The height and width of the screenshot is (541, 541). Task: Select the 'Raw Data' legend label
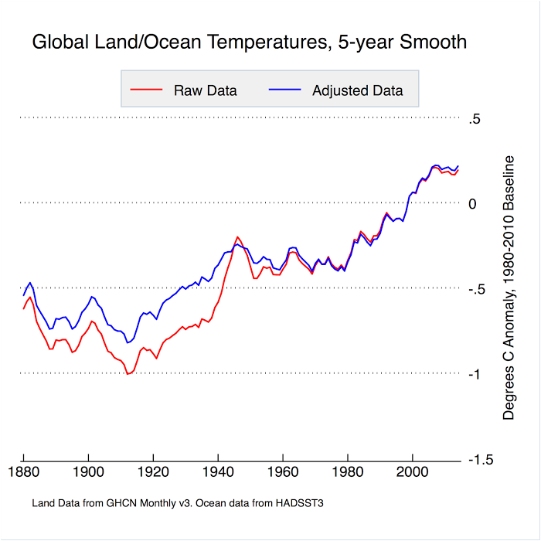pyautogui.click(x=206, y=90)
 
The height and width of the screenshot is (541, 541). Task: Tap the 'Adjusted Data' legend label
pyautogui.click(x=358, y=90)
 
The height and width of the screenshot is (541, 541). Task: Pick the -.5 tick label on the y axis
pyautogui.click(x=476, y=289)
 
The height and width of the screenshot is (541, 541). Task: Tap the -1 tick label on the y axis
pyautogui.click(x=475, y=374)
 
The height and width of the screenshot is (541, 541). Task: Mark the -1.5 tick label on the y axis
pyautogui.click(x=479, y=459)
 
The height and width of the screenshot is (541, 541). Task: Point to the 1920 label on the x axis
pyautogui.click(x=154, y=471)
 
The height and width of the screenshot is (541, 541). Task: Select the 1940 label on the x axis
pyautogui.click(x=219, y=471)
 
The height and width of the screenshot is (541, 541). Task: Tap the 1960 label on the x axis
pyautogui.click(x=284, y=471)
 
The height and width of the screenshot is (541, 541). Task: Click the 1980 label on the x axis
pyautogui.click(x=348, y=471)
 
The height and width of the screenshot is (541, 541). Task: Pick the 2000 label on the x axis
pyautogui.click(x=413, y=471)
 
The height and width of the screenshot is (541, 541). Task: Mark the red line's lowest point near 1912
pyautogui.click(x=128, y=374)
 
